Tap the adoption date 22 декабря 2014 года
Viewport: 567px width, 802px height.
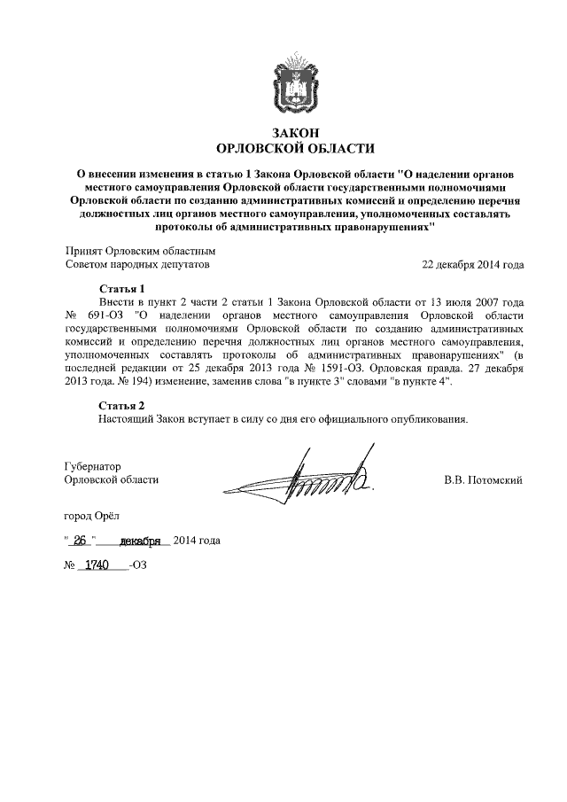pyautogui.click(x=473, y=264)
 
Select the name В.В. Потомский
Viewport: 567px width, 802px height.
pyautogui.click(x=483, y=479)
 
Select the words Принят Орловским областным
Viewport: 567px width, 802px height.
pyautogui.click(x=141, y=251)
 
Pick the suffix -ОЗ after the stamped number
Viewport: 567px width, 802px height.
pyautogui.click(x=137, y=565)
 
